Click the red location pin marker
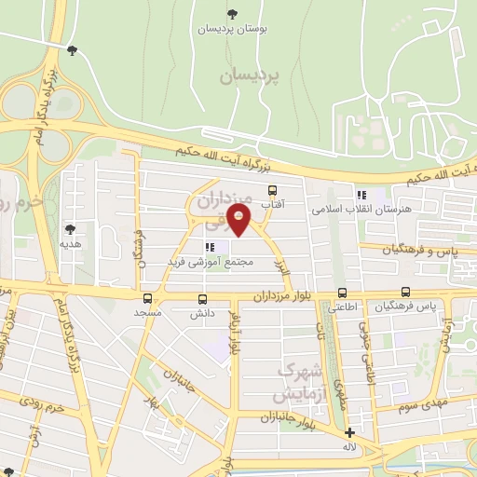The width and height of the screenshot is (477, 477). pyautogui.click(x=240, y=221)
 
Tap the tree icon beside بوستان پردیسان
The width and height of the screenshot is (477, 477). pyautogui.click(x=232, y=14)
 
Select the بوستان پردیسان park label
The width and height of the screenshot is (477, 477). pyautogui.click(x=232, y=29)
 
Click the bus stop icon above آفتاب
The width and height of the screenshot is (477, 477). pyautogui.click(x=272, y=189)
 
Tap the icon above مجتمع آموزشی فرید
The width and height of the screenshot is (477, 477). pyautogui.click(x=209, y=247)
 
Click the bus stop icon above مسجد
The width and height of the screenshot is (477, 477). pyautogui.click(x=147, y=299)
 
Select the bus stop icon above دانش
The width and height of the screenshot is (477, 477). pyautogui.click(x=203, y=299)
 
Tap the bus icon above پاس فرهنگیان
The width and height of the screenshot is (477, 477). pyautogui.click(x=405, y=292)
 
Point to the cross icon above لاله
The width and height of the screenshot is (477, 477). pyautogui.click(x=349, y=432)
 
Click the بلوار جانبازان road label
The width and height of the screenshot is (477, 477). pyautogui.click(x=279, y=416)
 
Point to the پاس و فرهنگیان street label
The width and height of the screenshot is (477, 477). pyautogui.click(x=418, y=250)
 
